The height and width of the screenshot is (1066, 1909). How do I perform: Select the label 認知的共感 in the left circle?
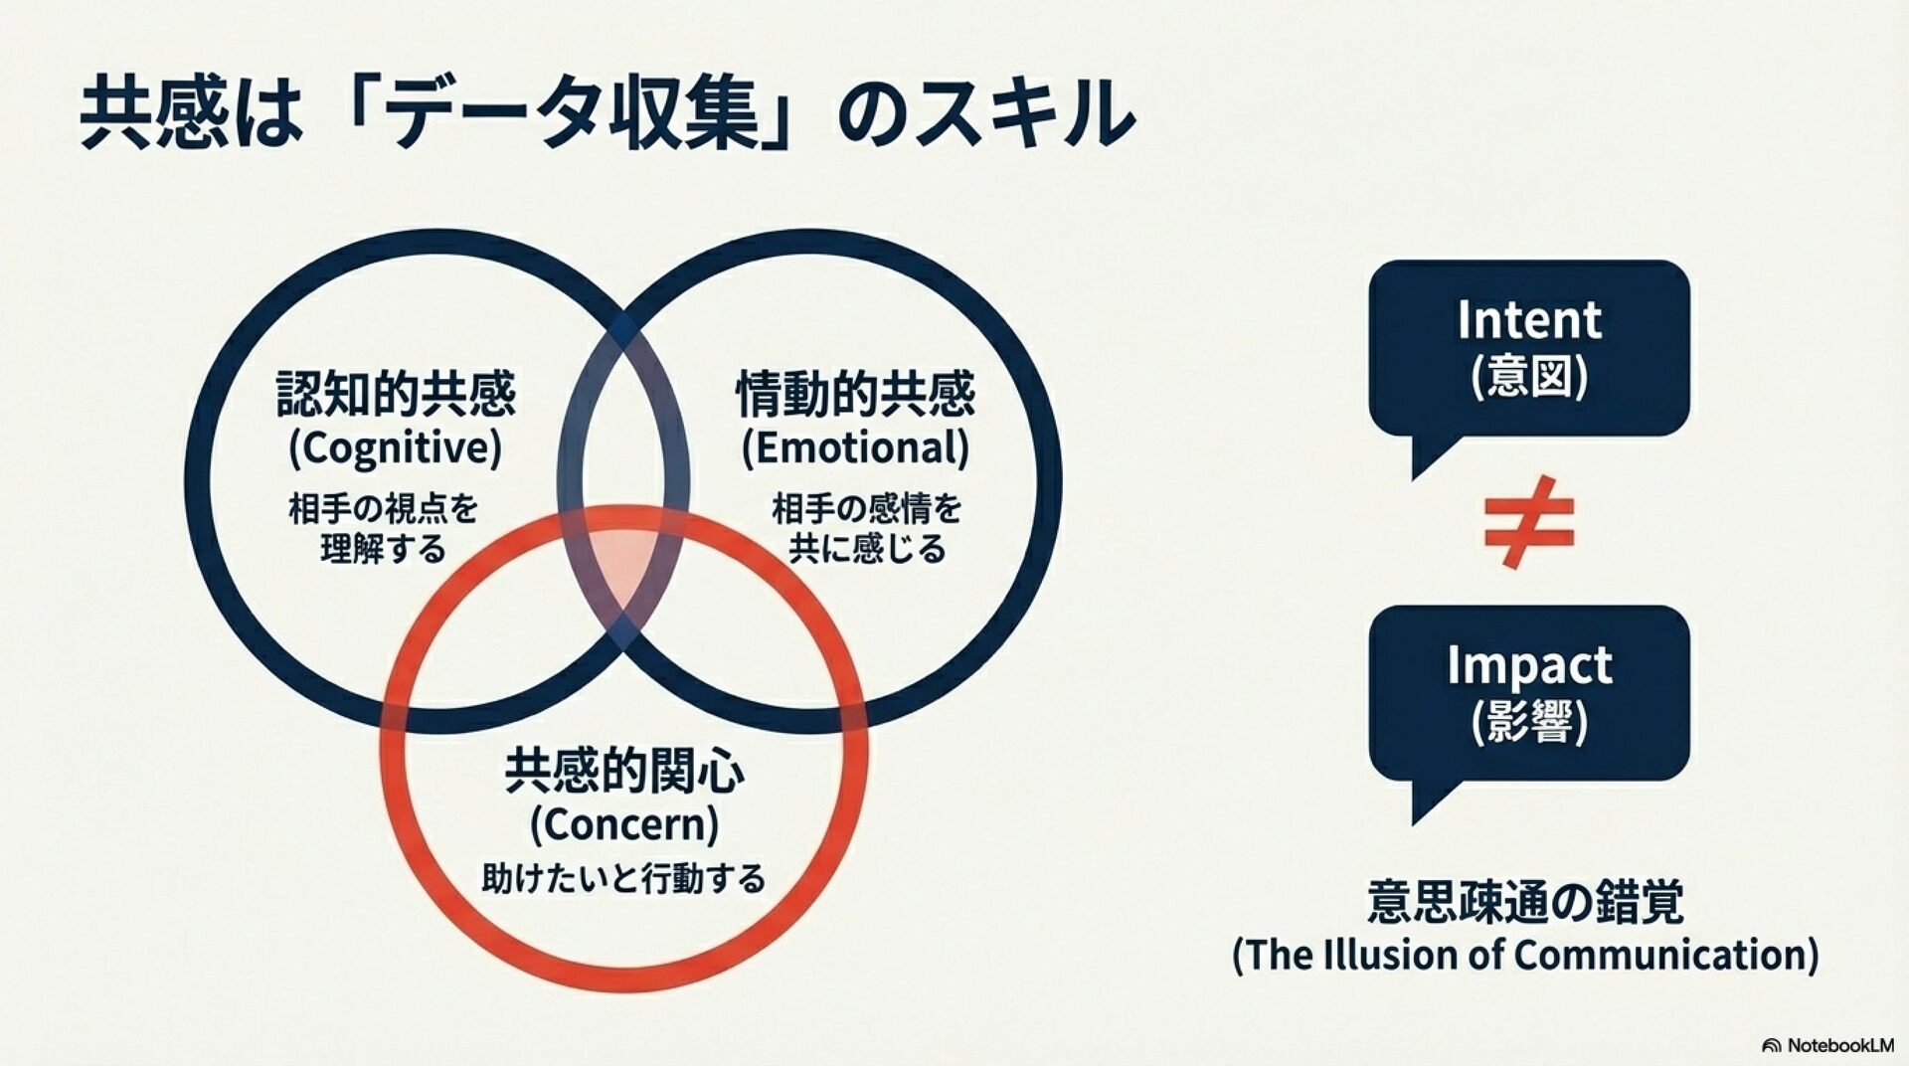(x=396, y=395)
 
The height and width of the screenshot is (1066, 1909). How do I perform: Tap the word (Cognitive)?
(x=396, y=447)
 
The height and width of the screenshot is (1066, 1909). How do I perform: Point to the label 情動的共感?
(x=855, y=395)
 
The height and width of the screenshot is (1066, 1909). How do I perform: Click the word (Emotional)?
(x=855, y=447)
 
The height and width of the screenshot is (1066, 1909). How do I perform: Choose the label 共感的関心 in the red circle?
(x=624, y=772)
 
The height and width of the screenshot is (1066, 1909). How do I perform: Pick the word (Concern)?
(x=624, y=824)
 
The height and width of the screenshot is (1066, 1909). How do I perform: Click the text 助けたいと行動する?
(x=624, y=879)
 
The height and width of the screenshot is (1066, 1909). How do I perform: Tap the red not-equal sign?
(x=1528, y=521)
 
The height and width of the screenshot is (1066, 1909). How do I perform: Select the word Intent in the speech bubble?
(x=1529, y=320)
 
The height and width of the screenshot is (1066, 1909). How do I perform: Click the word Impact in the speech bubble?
(x=1529, y=665)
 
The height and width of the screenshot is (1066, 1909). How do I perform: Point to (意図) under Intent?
(x=1529, y=377)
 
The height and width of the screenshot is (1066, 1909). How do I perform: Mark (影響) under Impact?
(x=1529, y=722)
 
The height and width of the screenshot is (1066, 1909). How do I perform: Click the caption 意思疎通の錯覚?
(x=1525, y=902)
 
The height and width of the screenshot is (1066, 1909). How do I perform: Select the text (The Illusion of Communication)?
(x=1525, y=955)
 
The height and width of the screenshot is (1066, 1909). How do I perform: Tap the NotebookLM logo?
(x=1827, y=1045)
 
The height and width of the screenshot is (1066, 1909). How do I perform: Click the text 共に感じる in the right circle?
(x=867, y=549)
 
